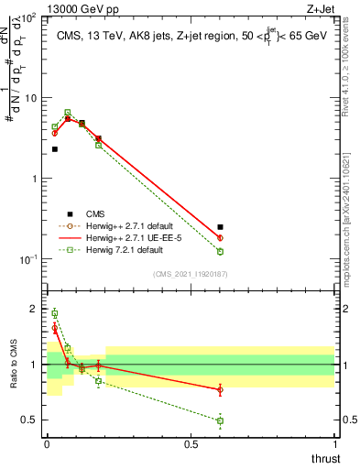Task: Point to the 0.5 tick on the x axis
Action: (x=191, y=443)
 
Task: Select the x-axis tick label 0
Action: (x=47, y=443)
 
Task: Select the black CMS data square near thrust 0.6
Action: (x=220, y=227)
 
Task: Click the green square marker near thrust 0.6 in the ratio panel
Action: (x=220, y=420)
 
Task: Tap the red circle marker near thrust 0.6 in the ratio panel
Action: (x=220, y=390)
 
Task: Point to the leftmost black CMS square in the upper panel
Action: (x=55, y=148)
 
